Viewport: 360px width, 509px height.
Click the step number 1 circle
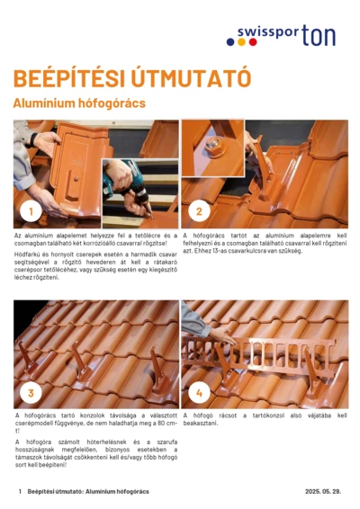pos(31,213)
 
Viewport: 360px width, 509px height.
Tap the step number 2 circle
pos(199,213)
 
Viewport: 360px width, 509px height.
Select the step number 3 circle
pos(31,393)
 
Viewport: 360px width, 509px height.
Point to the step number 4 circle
pos(199,393)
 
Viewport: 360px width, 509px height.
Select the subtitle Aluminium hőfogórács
pos(79,103)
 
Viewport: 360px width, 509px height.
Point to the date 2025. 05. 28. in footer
pos(323,492)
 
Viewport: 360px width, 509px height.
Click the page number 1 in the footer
pos(19,492)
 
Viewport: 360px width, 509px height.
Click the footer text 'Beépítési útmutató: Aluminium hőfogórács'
pos(88,492)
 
